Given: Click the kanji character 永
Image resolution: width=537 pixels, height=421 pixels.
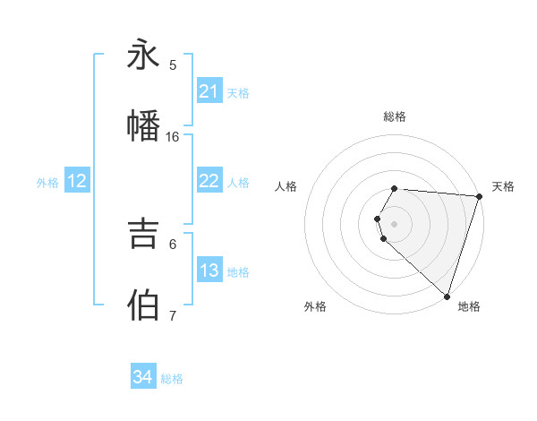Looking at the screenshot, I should [143, 56].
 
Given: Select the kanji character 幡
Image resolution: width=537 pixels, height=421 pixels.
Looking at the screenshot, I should [143, 125].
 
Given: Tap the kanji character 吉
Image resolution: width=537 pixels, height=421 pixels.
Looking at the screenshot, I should [143, 234].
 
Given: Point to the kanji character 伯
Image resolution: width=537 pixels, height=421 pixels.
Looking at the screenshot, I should [143, 305].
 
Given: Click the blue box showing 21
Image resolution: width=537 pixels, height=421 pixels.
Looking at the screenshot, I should [209, 91].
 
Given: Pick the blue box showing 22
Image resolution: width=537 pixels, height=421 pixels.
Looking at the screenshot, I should [209, 181].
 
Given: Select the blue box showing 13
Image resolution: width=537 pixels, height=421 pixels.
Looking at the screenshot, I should [209, 271].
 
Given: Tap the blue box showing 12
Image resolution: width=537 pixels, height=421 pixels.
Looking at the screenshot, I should [76, 181].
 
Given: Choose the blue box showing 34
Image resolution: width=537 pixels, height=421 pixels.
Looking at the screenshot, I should [142, 377].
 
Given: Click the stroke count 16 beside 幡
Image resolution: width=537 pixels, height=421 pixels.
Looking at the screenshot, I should [173, 137].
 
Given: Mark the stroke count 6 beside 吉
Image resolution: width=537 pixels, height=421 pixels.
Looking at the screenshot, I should [173, 244].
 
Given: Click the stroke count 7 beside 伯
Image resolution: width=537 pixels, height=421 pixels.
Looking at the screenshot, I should [173, 315].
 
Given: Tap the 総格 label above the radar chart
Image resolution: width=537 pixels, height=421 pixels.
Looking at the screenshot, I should [395, 116].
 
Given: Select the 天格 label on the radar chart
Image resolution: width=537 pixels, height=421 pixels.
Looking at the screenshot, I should [503, 186].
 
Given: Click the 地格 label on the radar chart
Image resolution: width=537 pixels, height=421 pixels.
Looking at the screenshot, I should [469, 306].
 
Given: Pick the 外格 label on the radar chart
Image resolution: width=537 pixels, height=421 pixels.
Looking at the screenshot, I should [315, 306].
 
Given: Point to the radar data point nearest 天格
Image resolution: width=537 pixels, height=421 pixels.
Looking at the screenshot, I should [479, 196].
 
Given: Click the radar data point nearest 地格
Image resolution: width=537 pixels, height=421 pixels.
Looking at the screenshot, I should [447, 296].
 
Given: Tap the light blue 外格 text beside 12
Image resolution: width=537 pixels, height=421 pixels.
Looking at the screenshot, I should [47, 182].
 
